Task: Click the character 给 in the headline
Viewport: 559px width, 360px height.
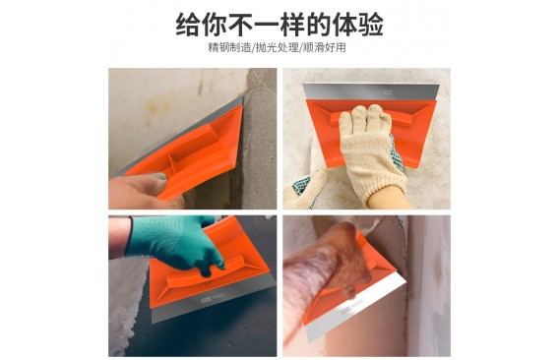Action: [x=188, y=25]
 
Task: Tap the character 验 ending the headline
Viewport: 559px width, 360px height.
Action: [x=371, y=25]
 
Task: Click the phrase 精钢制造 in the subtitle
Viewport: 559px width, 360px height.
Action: [x=230, y=48]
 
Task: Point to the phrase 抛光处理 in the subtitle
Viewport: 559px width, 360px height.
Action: [x=277, y=48]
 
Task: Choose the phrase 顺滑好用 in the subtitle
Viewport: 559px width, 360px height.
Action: [x=324, y=48]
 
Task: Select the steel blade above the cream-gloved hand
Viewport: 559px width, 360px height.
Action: [x=371, y=91]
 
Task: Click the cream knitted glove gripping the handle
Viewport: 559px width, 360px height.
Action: [x=371, y=150]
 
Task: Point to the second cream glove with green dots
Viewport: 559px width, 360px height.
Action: [x=306, y=189]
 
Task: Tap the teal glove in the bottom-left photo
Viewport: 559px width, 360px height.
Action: [x=175, y=241]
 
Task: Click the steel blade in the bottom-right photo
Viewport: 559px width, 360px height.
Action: [x=356, y=308]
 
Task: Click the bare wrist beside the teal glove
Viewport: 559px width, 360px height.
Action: [x=119, y=237]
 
